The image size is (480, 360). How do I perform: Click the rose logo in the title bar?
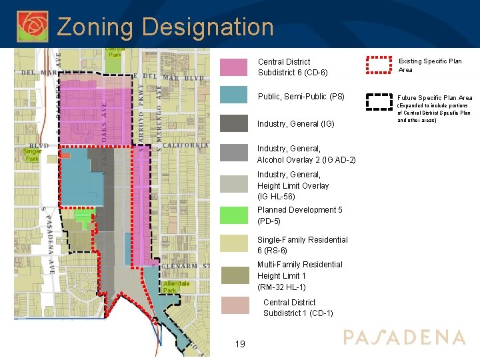coord(32,25)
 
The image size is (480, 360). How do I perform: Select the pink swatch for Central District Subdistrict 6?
coord(233,67)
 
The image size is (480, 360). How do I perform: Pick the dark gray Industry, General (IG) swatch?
coord(233,123)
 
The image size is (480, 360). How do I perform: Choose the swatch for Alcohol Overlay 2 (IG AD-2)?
coord(233,153)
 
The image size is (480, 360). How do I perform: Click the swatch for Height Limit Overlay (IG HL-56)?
coord(233,184)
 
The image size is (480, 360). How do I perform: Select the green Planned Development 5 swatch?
coord(233,215)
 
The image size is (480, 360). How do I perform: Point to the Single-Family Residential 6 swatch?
coord(233,245)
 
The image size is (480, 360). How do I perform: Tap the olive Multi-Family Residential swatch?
coord(233,275)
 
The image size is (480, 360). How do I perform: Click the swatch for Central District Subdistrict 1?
coord(233,306)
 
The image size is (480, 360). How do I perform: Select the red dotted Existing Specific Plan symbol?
coord(379,65)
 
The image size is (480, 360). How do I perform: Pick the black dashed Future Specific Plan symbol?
coord(379,101)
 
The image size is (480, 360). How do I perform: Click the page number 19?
coord(240,344)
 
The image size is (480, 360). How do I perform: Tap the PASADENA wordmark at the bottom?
coord(404,337)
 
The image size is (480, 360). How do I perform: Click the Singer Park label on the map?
coord(32,155)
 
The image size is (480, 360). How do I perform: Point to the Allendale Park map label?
coord(176,287)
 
